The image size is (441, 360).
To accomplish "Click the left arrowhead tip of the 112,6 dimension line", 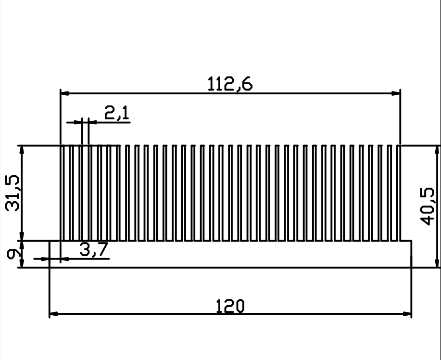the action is coord(61,93).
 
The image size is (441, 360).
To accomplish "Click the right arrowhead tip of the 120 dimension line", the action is coord(412,314).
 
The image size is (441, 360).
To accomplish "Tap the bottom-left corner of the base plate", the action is coord(50,268).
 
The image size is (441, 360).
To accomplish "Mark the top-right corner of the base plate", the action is coord(412,241).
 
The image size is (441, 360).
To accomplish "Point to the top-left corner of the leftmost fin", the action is coord(61,145).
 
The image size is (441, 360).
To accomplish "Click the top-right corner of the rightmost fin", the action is coord(400,145).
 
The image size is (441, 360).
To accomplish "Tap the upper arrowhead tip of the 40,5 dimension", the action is coord(437,146).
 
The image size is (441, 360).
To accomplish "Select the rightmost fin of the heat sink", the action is coord(399,193).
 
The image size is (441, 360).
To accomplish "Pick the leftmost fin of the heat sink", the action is coord(63,193).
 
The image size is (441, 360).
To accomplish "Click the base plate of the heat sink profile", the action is coord(230,254).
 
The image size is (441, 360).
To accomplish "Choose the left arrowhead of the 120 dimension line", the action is coord(54,314).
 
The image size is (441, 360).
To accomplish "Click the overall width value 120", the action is coord(230,306).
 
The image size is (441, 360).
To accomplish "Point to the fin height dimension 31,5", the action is coord(12,193).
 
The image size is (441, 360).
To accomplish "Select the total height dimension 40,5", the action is coord(427,206).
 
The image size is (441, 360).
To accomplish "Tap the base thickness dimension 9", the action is coord(13,255).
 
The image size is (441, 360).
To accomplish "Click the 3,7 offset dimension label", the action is coord(94,249).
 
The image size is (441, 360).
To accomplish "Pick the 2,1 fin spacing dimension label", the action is coord(117,113).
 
